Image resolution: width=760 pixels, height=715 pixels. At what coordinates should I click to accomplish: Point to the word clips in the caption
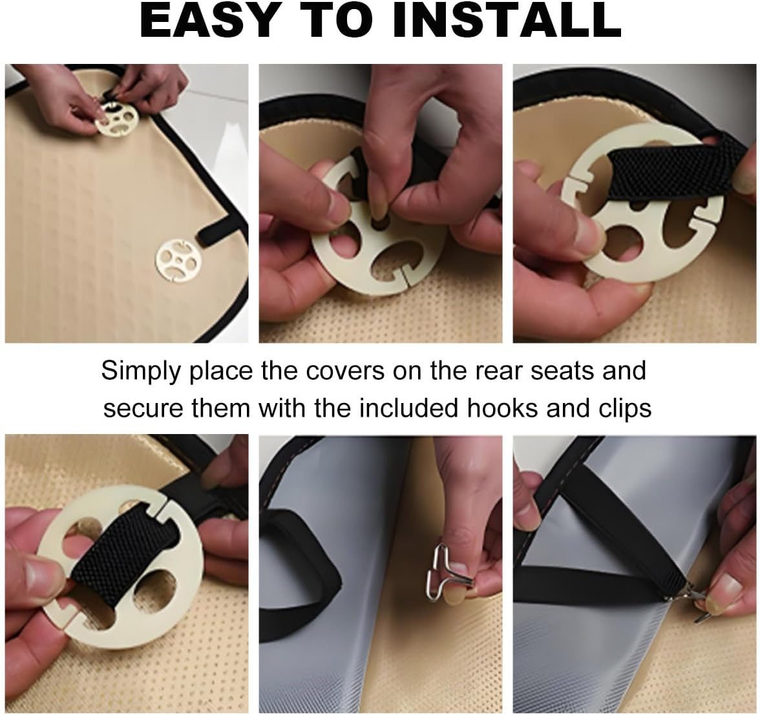pyautogui.click(x=620, y=408)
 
